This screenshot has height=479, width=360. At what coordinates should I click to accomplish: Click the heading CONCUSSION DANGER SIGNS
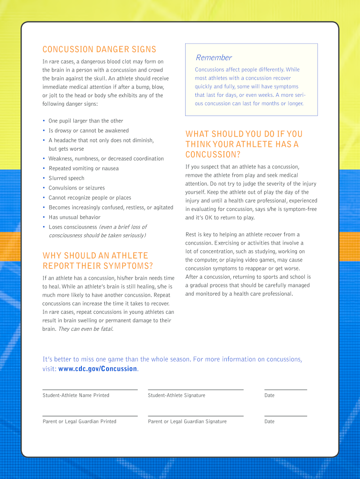(99, 50)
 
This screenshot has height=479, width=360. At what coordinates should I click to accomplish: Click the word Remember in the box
(214, 58)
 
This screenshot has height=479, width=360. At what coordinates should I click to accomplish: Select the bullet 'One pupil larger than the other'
(86, 121)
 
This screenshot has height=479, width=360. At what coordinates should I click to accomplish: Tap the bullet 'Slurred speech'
(66, 178)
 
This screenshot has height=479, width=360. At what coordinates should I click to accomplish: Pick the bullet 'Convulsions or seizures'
(77, 188)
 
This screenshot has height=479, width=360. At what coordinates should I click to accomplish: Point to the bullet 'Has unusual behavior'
(74, 217)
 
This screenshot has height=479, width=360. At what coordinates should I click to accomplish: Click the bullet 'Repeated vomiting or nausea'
(83, 168)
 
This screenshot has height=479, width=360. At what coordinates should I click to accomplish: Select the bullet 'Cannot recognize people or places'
(90, 198)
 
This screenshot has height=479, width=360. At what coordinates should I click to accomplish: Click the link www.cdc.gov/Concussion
(98, 369)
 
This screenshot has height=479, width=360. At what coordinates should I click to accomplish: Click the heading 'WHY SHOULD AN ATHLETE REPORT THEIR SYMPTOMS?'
(97, 261)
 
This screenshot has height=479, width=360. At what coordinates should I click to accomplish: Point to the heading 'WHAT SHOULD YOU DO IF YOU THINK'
(244, 144)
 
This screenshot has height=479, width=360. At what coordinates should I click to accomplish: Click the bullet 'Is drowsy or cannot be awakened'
(88, 131)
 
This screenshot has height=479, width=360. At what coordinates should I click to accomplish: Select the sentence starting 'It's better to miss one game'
(172, 359)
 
